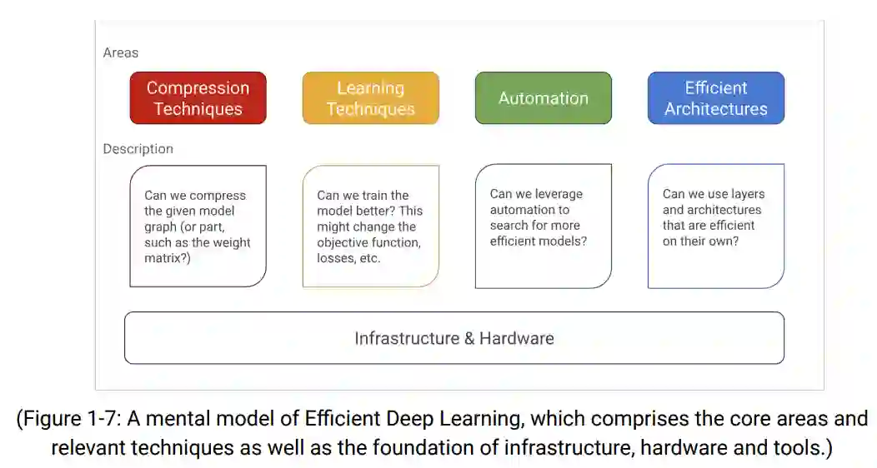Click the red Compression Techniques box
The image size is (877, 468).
point(198,98)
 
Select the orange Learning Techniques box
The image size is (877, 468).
point(370,98)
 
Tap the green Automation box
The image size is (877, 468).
point(543,98)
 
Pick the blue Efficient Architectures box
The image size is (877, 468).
point(715,98)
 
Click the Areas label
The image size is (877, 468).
point(121,52)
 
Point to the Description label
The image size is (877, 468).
point(138,149)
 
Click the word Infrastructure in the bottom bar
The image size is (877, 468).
point(406,338)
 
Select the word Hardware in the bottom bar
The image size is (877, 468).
point(517,338)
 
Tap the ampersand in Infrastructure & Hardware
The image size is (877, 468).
point(469,338)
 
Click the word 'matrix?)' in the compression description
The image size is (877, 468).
point(167,259)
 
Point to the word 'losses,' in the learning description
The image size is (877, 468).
point(337,258)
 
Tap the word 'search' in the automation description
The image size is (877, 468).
point(509,226)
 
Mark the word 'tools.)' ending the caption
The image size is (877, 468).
point(804,447)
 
